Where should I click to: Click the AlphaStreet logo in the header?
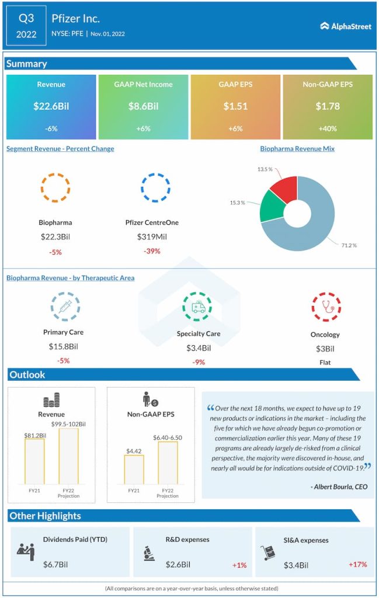tap(346, 26)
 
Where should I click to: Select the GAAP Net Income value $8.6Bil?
tap(143, 106)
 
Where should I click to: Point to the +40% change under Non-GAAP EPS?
tap(328, 128)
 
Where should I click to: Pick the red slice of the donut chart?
tap(283, 188)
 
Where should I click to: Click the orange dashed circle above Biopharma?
tap(55, 187)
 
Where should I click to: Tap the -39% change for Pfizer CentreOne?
tap(152, 251)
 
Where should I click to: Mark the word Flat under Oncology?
tap(325, 362)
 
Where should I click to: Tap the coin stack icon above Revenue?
tap(51, 401)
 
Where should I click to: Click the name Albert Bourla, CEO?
tap(340, 486)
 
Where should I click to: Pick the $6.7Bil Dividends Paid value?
tap(55, 565)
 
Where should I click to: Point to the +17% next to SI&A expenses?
tap(357, 565)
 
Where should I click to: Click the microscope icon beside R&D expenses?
tap(148, 552)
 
